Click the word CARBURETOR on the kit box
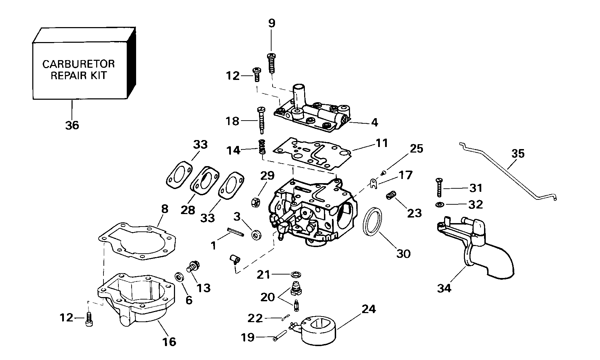point(78,64)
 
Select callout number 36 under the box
point(72,125)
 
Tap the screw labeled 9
point(272,63)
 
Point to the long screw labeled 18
point(261,120)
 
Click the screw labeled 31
point(439,188)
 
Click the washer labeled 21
point(295,275)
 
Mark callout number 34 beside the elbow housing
point(444,288)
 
